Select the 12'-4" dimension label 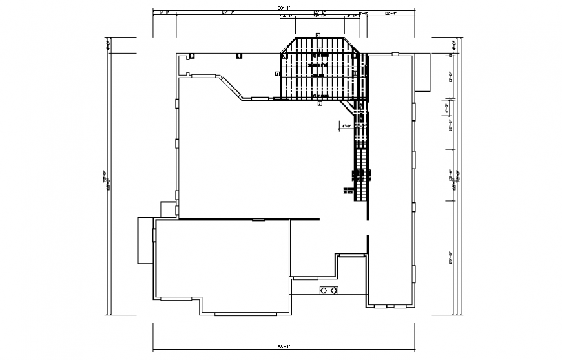click(391, 12)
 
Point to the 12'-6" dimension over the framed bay click(319, 17)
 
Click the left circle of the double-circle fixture click(324, 291)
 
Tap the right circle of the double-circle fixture click(334, 291)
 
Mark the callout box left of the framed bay click(277, 74)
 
